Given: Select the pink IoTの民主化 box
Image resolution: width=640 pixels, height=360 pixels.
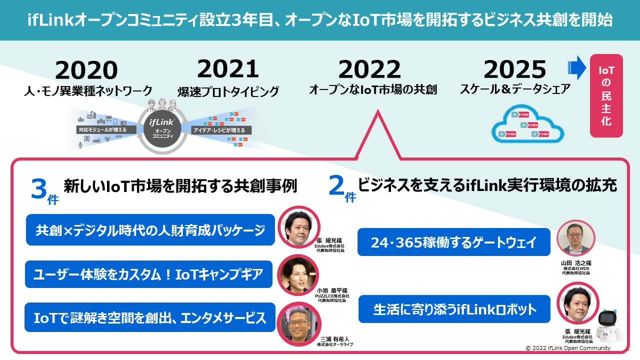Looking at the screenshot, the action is (606, 95).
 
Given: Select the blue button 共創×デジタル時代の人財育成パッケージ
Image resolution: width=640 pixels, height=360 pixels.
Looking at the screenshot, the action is (150, 230).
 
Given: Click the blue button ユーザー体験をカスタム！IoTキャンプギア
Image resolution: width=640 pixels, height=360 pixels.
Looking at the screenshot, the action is (148, 274).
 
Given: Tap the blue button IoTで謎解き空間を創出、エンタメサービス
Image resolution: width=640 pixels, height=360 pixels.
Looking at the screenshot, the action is (150, 317).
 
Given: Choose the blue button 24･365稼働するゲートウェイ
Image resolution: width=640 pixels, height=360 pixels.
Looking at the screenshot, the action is (454, 242).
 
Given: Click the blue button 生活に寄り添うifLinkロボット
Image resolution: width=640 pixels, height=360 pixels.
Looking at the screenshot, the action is (454, 309).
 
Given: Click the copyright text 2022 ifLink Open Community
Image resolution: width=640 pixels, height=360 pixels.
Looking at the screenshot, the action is (570, 348).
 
